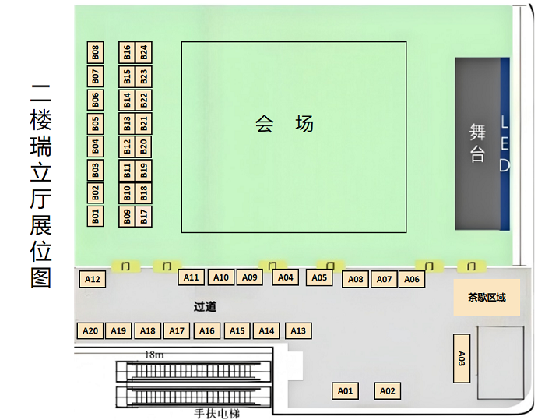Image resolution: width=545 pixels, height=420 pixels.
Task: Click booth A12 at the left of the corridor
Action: (93, 279)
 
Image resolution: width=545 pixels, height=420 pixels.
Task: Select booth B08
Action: (95, 52)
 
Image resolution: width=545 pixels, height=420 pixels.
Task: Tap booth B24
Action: (143, 52)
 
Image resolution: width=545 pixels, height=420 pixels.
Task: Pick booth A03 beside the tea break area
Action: (462, 358)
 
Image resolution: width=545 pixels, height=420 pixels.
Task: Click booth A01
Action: (345, 390)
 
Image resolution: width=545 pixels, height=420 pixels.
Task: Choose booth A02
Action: (388, 390)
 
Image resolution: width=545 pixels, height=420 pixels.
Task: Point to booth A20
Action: (90, 330)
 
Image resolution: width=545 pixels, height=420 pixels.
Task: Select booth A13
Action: (297, 330)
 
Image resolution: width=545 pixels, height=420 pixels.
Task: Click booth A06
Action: (412, 279)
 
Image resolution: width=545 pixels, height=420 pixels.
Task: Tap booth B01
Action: (95, 216)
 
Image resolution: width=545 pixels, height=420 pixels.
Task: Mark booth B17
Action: (143, 216)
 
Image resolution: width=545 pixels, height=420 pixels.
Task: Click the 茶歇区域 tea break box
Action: (487, 297)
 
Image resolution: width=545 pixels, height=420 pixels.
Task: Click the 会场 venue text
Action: (284, 123)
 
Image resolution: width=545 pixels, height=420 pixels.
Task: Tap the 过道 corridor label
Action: (205, 306)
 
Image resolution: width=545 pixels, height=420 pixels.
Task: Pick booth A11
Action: (192, 277)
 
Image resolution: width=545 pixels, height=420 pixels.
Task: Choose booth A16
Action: (206, 330)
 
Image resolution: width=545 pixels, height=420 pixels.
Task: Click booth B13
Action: (127, 122)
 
